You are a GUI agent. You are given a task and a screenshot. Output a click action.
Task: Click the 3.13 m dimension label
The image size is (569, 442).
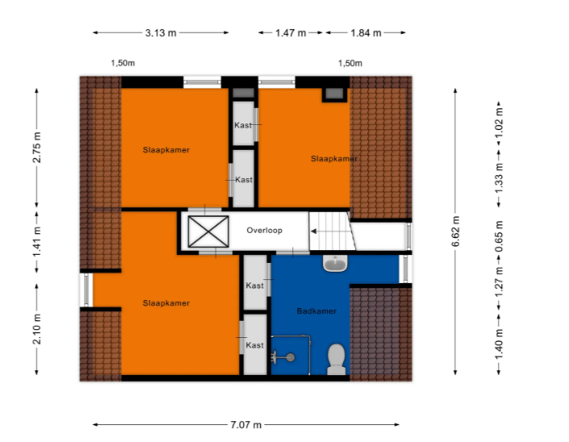pyautogui.click(x=161, y=33)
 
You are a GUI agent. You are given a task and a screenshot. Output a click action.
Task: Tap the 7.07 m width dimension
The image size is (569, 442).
pyautogui.click(x=246, y=424)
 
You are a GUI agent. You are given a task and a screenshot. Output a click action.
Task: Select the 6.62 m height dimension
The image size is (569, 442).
pyautogui.click(x=456, y=231)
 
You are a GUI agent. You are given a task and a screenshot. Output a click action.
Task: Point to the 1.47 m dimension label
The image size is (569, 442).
pyautogui.click(x=291, y=33)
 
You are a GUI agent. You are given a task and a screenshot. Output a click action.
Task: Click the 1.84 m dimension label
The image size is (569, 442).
pyautogui.click(x=366, y=33)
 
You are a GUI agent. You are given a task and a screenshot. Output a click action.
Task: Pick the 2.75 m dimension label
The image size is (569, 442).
pyautogui.click(x=37, y=148)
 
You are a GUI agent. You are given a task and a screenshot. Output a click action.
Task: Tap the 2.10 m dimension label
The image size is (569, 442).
pyautogui.click(x=37, y=329)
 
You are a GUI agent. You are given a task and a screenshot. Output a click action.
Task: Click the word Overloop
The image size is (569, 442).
pyautogui.click(x=264, y=230)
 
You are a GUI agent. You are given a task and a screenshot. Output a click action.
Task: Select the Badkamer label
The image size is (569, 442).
pyautogui.click(x=316, y=311)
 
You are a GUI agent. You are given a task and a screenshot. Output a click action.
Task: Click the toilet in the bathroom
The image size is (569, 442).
pyautogui.click(x=337, y=359)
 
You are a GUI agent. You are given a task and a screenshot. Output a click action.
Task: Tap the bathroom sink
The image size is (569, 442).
pyautogui.click(x=335, y=263)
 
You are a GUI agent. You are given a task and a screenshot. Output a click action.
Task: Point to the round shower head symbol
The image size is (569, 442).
pyautogui.click(x=291, y=357)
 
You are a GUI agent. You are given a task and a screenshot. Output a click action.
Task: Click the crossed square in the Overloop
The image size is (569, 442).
pyautogui.click(x=208, y=231)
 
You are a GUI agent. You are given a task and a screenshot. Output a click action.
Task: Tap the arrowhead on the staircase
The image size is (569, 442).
pyautogui.click(x=313, y=231)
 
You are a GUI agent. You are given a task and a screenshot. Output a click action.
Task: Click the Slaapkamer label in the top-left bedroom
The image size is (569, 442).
pyautogui.click(x=166, y=150)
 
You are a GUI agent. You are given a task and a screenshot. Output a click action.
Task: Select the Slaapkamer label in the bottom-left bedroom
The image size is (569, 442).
pyautogui.click(x=166, y=303)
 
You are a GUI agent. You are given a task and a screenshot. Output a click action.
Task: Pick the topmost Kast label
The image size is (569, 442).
pyautogui.click(x=243, y=125)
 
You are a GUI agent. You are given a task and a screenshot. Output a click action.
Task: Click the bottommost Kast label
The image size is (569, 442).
pyautogui.click(x=255, y=345)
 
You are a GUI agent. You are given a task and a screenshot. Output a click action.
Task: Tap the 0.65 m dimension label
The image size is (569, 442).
pyautogui.click(x=500, y=236)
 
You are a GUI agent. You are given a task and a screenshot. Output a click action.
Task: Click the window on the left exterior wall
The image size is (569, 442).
pyautogui.click(x=86, y=290)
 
